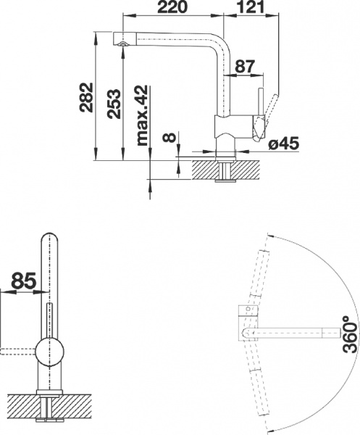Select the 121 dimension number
click(248, 7)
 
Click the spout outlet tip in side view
click(122, 43)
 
